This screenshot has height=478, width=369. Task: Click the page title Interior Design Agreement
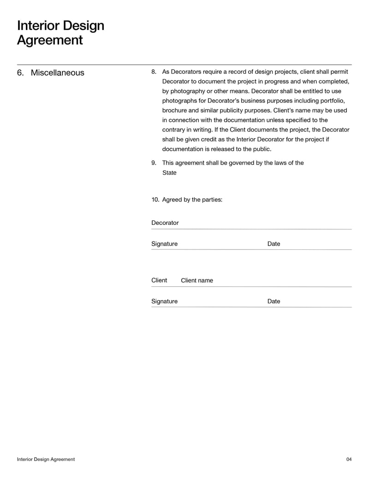pyautogui.click(x=60, y=33)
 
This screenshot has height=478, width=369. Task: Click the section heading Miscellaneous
pyautogui.click(x=57, y=73)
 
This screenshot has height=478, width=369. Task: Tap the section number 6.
pyautogui.click(x=20, y=73)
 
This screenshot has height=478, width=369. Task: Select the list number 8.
pyautogui.click(x=154, y=72)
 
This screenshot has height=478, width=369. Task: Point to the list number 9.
pyautogui.click(x=154, y=163)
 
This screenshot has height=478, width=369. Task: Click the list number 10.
pyautogui.click(x=155, y=200)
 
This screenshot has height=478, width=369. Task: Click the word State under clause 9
pyautogui.click(x=169, y=173)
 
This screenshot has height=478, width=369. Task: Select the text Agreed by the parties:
pyautogui.click(x=192, y=200)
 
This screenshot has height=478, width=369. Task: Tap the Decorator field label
pyautogui.click(x=165, y=223)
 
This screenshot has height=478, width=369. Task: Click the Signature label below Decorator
pyautogui.click(x=164, y=244)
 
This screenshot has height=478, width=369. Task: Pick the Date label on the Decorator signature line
pyautogui.click(x=274, y=244)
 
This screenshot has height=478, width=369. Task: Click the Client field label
pyautogui.click(x=159, y=280)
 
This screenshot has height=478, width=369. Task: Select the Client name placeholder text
pyautogui.click(x=197, y=280)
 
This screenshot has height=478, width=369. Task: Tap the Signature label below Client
pyautogui.click(x=164, y=301)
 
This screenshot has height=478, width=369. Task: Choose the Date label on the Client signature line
pyautogui.click(x=274, y=301)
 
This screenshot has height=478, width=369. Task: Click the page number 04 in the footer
pyautogui.click(x=349, y=459)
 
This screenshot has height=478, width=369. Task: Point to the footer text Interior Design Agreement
pyautogui.click(x=46, y=459)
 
